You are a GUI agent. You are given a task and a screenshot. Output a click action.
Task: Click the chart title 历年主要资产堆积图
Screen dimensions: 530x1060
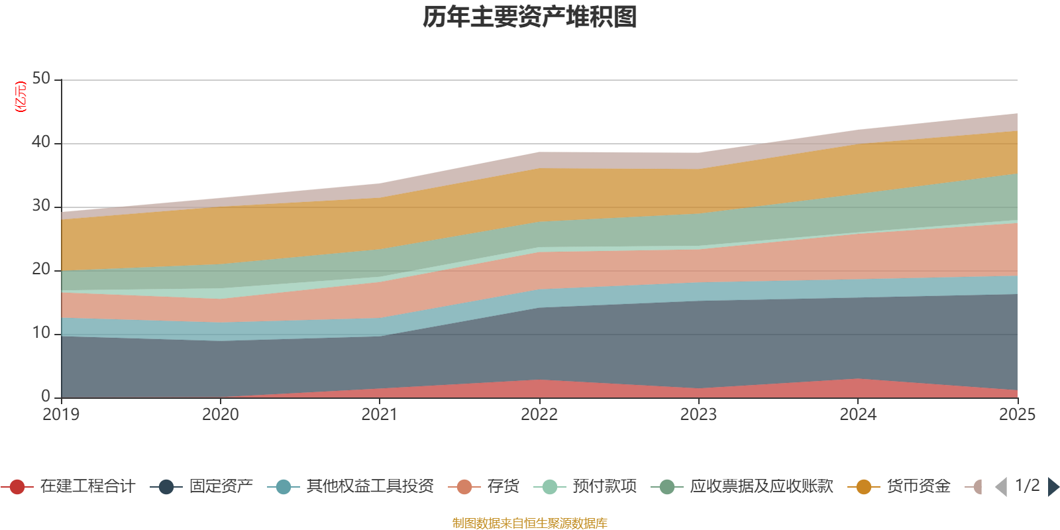pos(529,17)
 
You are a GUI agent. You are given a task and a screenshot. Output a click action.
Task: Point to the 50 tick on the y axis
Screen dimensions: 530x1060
pos(41,79)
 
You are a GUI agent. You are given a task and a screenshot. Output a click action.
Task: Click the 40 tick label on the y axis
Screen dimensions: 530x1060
pos(41,142)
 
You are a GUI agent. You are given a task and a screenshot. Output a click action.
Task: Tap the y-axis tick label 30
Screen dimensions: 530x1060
pos(41,206)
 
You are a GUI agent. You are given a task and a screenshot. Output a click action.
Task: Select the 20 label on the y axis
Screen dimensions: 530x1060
pos(41,270)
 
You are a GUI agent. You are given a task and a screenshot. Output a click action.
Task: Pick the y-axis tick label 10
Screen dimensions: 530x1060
pos(41,333)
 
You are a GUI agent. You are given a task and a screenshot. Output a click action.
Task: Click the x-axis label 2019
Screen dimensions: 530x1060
pos(61,415)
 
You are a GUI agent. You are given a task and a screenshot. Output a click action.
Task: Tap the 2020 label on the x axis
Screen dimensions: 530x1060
pos(221,415)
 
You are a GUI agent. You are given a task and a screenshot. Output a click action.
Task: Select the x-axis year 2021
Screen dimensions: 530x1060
pos(380,415)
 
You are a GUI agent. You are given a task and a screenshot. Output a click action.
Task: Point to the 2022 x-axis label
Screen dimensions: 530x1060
pos(539,415)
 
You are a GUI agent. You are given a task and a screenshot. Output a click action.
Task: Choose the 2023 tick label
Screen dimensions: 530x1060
pos(698,415)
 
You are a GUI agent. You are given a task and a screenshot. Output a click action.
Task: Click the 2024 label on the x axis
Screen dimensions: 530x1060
pos(858,415)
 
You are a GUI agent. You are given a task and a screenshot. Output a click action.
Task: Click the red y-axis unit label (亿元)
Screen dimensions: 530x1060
pos(21,97)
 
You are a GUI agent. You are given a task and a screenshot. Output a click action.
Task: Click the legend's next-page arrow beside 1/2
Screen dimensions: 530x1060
pos(1053,487)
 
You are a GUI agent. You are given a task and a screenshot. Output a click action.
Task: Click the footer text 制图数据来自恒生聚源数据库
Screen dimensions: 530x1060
pos(529,523)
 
